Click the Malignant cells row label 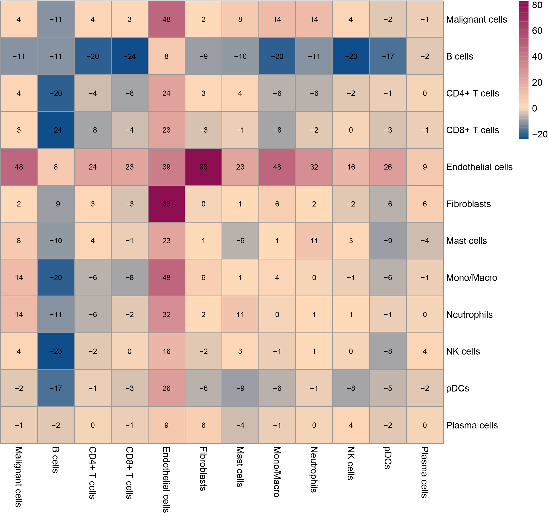click(476, 19)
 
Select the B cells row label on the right click(459, 56)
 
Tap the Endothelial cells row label click(479, 167)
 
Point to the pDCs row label click(457, 388)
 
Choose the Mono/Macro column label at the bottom click(277, 472)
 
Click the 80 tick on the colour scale click(537, 5)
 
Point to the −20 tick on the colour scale click(539, 135)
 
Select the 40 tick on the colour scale click(537, 57)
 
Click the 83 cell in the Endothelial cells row click(203, 167)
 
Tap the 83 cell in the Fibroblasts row click(167, 204)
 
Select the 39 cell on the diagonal click(167, 167)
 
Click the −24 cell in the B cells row click(130, 56)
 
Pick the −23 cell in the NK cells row click(56, 351)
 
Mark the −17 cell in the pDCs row click(56, 388)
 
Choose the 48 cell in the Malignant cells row click(167, 19)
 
